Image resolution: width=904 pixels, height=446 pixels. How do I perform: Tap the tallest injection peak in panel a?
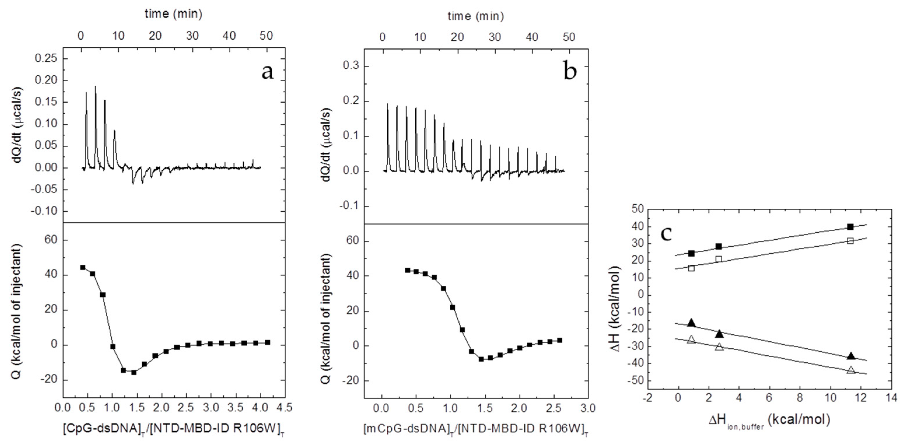point(95,87)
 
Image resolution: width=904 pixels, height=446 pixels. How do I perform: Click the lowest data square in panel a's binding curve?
point(134,372)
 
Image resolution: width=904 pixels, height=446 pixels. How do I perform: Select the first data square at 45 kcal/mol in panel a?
point(83,267)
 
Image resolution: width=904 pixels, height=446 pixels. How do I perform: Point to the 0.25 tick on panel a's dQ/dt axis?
point(46,58)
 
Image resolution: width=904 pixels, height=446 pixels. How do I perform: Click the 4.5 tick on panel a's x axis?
point(285,408)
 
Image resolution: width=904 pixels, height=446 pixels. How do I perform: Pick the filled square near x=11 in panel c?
point(847,227)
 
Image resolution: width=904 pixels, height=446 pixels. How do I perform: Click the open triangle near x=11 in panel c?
point(848,370)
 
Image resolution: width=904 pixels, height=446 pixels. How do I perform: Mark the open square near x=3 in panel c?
point(719,259)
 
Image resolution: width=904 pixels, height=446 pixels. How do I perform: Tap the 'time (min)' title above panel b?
point(476,16)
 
